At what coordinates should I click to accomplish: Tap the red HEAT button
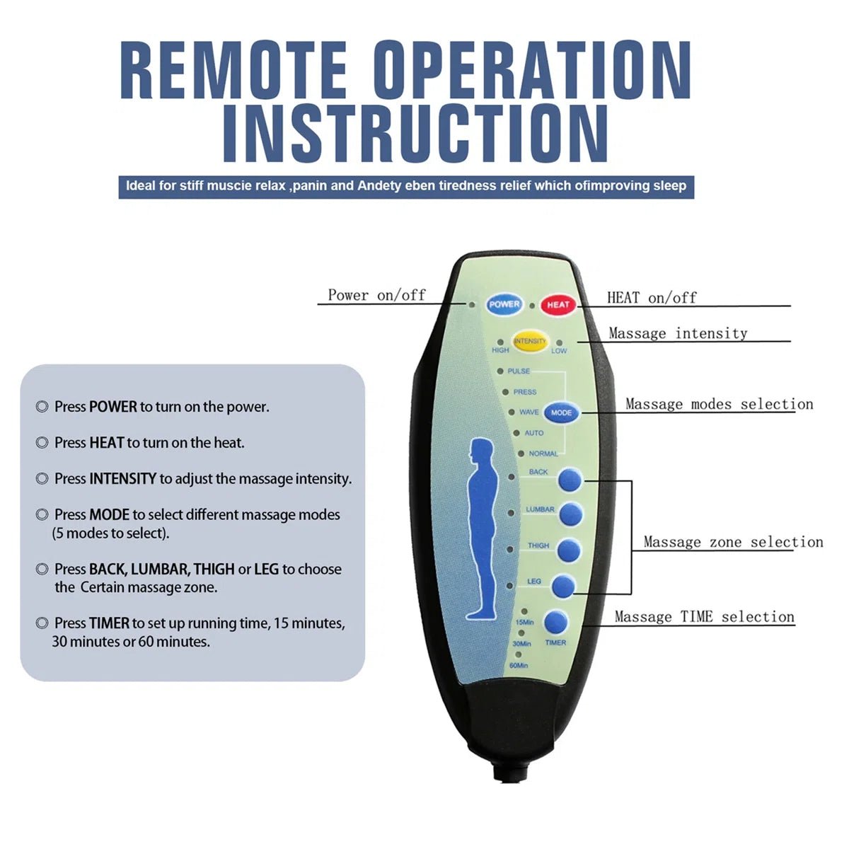[558, 305]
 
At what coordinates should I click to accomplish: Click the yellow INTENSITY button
[530, 342]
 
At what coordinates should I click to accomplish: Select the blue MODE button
[561, 412]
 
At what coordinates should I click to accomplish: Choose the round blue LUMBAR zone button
[571, 514]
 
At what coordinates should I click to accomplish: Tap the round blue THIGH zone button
[569, 550]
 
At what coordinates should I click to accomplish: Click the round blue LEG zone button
[563, 585]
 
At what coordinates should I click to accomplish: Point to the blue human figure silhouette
[483, 527]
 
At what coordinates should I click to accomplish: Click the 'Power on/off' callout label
[376, 295]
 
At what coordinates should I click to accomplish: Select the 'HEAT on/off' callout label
[652, 298]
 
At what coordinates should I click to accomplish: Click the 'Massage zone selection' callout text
[733, 542]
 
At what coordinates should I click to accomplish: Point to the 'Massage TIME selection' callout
[704, 617]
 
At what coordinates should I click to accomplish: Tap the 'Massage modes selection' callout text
[719, 404]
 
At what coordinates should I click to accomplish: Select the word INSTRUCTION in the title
[415, 133]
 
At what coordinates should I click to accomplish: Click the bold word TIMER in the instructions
[109, 623]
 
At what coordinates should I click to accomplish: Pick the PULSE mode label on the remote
[519, 371]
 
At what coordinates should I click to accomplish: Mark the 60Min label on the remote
[519, 666]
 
